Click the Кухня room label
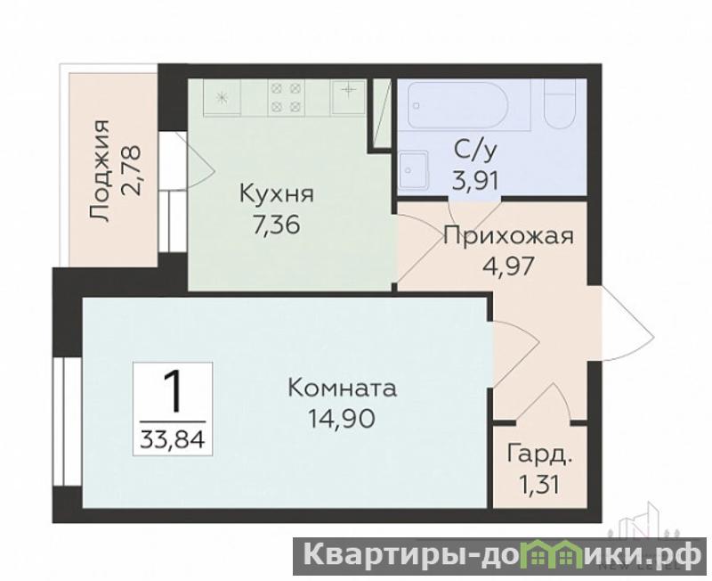click(x=277, y=194)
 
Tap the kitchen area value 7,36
click(x=277, y=225)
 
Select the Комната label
click(x=343, y=389)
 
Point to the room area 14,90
click(x=342, y=418)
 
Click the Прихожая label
click(x=508, y=236)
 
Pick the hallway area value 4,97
click(x=508, y=266)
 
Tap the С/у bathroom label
click(x=476, y=151)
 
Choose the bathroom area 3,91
click(x=476, y=181)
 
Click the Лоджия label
click(x=100, y=171)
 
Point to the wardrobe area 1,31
click(x=538, y=485)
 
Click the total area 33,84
click(x=173, y=439)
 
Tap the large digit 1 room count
click(x=173, y=390)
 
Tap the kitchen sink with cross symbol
click(x=348, y=96)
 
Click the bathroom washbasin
click(x=414, y=170)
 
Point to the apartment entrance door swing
click(x=627, y=323)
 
